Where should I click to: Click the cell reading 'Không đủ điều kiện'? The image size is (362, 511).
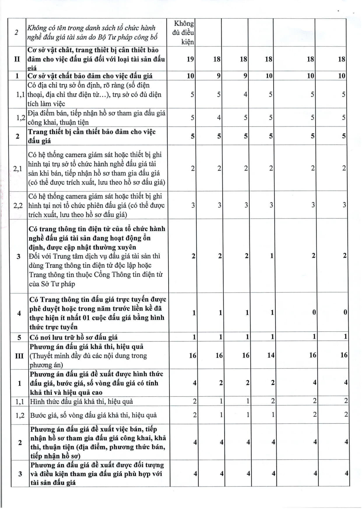(183, 33)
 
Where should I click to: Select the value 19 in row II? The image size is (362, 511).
(190, 59)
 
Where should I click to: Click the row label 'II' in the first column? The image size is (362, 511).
(17, 59)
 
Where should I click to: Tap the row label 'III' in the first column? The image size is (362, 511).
(19, 356)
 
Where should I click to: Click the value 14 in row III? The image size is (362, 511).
(271, 355)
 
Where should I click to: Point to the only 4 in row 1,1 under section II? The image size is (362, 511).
(245, 94)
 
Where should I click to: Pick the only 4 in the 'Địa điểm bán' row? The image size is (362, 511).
(219, 118)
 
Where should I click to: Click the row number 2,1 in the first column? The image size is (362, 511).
(17, 168)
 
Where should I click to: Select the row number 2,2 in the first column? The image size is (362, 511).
(18, 205)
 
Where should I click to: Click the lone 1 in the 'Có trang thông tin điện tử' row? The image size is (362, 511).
(272, 256)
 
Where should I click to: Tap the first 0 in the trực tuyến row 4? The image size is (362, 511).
(314, 312)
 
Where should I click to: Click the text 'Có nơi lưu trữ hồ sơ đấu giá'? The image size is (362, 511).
(73, 337)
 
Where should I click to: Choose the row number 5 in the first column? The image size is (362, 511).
(19, 337)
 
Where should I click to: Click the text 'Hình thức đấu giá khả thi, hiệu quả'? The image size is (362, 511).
(81, 401)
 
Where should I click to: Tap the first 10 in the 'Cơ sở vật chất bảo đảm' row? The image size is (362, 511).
(190, 76)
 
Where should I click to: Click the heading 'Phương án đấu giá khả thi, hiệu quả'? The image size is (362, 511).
(87, 347)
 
